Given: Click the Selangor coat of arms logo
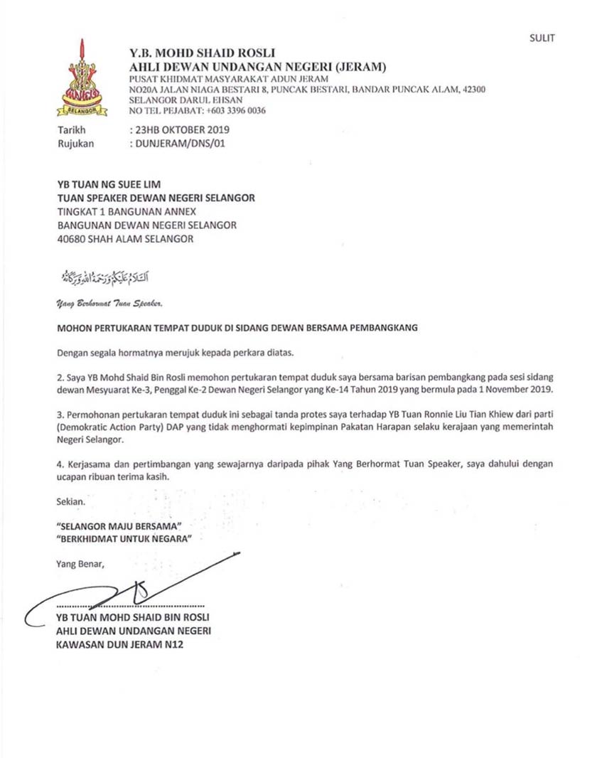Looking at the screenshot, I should (x=82, y=78).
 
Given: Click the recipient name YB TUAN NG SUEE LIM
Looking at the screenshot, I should (x=109, y=185).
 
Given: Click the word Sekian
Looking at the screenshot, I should (x=70, y=502).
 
